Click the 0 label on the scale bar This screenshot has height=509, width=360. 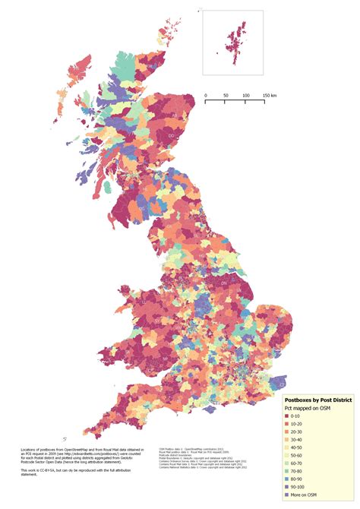[206, 96]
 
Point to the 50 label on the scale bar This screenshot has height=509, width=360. [226, 96]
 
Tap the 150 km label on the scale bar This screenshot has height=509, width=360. [269, 96]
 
